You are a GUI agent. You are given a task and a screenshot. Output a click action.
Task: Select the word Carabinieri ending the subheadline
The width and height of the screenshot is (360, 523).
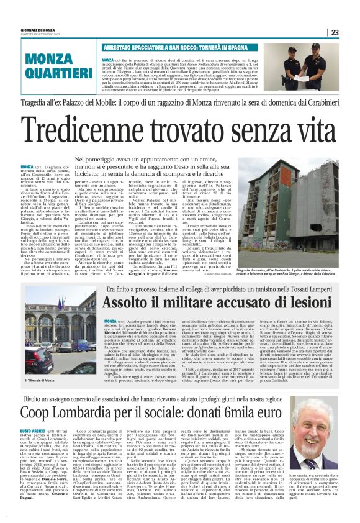coord(322,102)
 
